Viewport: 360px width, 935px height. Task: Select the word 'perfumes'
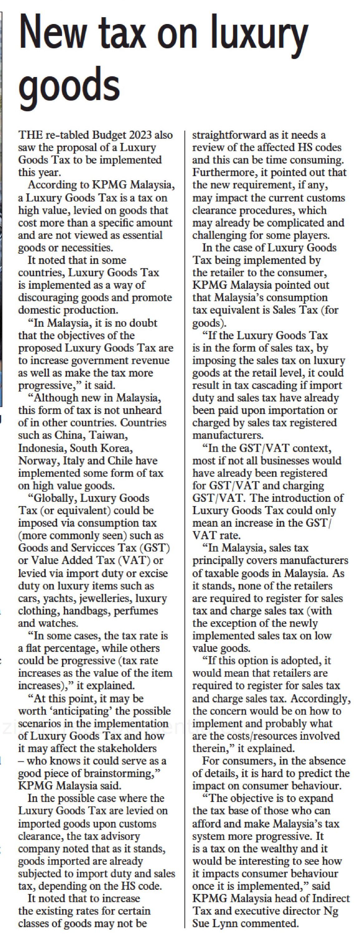click(136, 610)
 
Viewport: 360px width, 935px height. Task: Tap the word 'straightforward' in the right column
click(229, 135)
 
